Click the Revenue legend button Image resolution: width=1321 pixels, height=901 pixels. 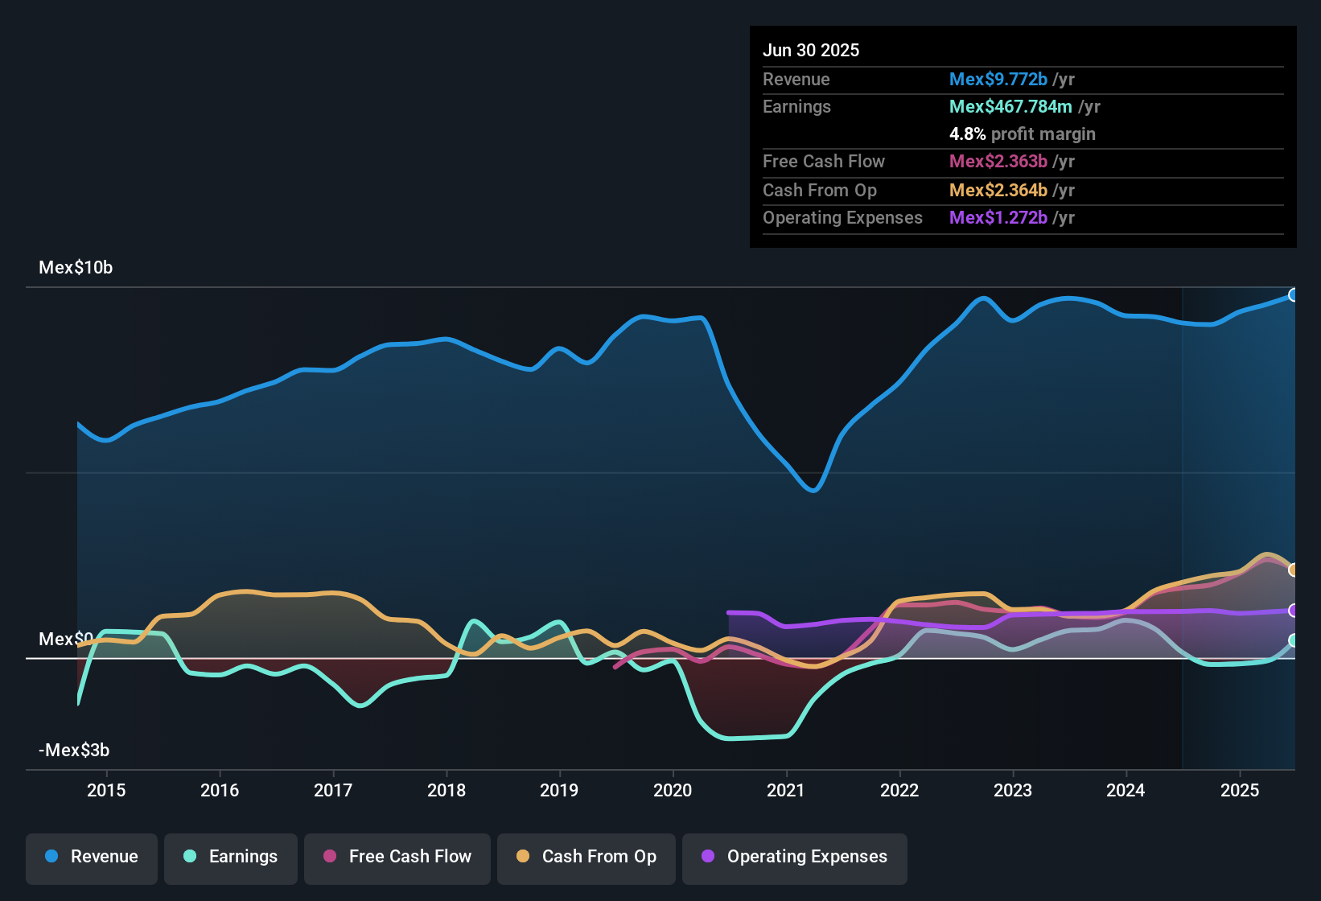(x=92, y=857)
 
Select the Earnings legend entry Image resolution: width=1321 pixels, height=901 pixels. (x=231, y=857)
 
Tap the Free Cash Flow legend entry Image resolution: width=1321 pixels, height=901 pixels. (x=397, y=857)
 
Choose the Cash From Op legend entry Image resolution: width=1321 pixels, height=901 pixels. (x=586, y=857)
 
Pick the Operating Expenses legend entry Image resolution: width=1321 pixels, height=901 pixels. (x=795, y=857)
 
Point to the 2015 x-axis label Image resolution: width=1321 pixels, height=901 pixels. (x=106, y=790)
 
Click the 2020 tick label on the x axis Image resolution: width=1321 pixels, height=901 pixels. (x=673, y=790)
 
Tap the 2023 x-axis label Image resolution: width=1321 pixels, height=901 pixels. (x=1013, y=790)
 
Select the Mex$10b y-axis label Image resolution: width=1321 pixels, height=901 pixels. (x=76, y=268)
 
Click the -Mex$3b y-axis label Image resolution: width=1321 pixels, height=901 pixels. (x=74, y=751)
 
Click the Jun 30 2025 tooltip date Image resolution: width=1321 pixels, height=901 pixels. (x=811, y=51)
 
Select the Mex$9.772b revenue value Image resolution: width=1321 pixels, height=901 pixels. (x=998, y=80)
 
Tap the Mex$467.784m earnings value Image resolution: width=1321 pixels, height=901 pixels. (x=1010, y=107)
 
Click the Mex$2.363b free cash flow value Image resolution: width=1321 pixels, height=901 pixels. (x=998, y=162)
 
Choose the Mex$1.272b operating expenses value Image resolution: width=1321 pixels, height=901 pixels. (x=998, y=218)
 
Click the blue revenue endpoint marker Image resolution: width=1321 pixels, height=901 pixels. (x=1293, y=295)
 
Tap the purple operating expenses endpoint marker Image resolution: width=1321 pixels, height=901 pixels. (x=1293, y=611)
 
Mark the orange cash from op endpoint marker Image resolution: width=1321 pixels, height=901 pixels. (x=1293, y=570)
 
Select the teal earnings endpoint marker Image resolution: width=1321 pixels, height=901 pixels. (x=1293, y=640)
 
